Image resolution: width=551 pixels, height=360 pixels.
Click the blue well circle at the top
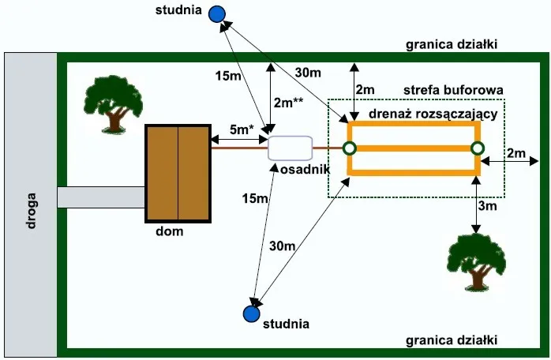click(216, 13)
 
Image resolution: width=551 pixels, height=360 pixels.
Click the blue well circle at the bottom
click(251, 313)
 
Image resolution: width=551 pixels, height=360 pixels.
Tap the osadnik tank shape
click(290, 148)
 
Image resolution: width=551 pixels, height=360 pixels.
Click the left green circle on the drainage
click(349, 148)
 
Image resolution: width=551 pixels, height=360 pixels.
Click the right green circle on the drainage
click(477, 148)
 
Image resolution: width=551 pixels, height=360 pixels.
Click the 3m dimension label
click(489, 206)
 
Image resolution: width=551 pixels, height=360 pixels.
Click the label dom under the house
click(170, 231)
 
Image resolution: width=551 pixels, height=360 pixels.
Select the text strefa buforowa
click(453, 90)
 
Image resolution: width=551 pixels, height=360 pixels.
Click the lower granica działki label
click(451, 340)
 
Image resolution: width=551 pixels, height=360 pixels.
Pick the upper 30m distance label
click(308, 73)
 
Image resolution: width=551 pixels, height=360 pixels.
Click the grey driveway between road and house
click(101, 197)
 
